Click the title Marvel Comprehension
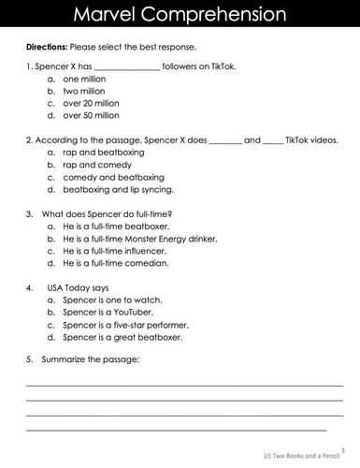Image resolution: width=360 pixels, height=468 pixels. (x=180, y=16)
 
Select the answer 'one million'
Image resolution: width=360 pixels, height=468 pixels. (x=86, y=80)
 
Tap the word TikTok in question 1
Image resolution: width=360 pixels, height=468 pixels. (x=238, y=67)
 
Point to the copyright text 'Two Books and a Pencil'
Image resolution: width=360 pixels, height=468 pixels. (x=309, y=455)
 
